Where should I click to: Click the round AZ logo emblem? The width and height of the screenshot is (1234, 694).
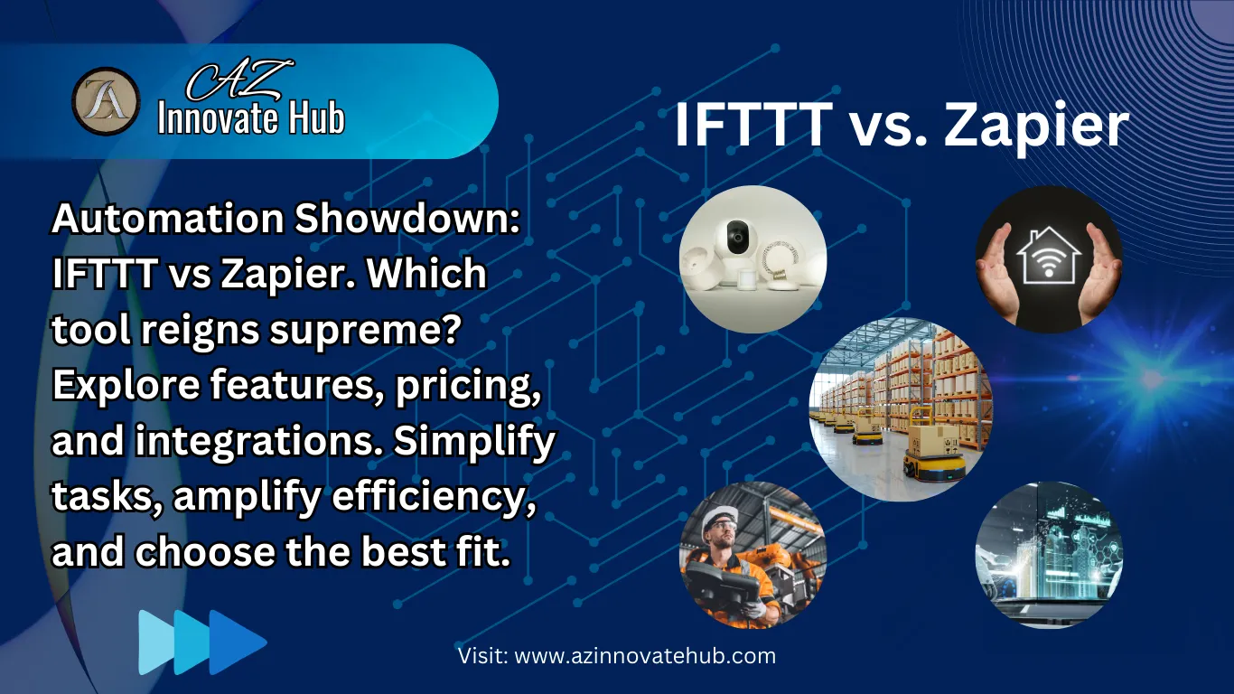pos(106,101)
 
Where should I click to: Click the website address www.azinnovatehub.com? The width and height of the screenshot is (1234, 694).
pos(645,656)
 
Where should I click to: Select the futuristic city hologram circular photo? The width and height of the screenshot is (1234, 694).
pos(1049,555)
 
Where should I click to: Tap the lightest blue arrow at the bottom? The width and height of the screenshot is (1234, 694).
pos(156,642)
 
